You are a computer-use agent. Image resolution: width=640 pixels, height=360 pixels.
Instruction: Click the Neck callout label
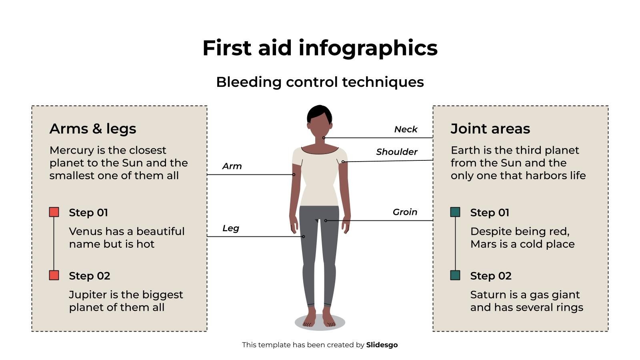406,129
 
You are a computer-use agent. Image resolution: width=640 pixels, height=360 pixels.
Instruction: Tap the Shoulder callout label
396,152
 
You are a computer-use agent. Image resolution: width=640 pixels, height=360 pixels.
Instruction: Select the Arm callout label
232,166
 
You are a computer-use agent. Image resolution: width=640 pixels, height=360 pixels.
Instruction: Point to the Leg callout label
231,228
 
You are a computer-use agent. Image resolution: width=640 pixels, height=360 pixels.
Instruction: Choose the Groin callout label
405,212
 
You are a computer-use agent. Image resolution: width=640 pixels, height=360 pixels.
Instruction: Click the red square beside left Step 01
54,212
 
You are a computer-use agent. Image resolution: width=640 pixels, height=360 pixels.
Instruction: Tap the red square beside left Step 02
54,275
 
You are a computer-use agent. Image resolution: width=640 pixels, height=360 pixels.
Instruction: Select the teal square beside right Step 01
455,212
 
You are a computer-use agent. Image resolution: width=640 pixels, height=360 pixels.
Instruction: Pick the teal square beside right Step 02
455,275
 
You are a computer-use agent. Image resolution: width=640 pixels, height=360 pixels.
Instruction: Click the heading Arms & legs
93,129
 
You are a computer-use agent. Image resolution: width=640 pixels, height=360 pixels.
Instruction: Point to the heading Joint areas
490,129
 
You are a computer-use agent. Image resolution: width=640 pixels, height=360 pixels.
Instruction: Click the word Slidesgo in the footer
382,345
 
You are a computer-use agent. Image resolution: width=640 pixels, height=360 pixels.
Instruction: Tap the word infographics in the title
368,48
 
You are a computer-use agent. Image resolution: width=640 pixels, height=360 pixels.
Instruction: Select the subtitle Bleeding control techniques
320,82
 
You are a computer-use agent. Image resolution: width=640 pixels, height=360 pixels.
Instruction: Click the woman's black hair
319,113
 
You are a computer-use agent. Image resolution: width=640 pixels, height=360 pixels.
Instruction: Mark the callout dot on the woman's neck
324,138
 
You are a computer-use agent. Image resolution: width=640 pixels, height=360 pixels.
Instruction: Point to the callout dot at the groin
326,220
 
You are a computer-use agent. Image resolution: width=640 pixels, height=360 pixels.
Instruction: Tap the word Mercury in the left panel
72,150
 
